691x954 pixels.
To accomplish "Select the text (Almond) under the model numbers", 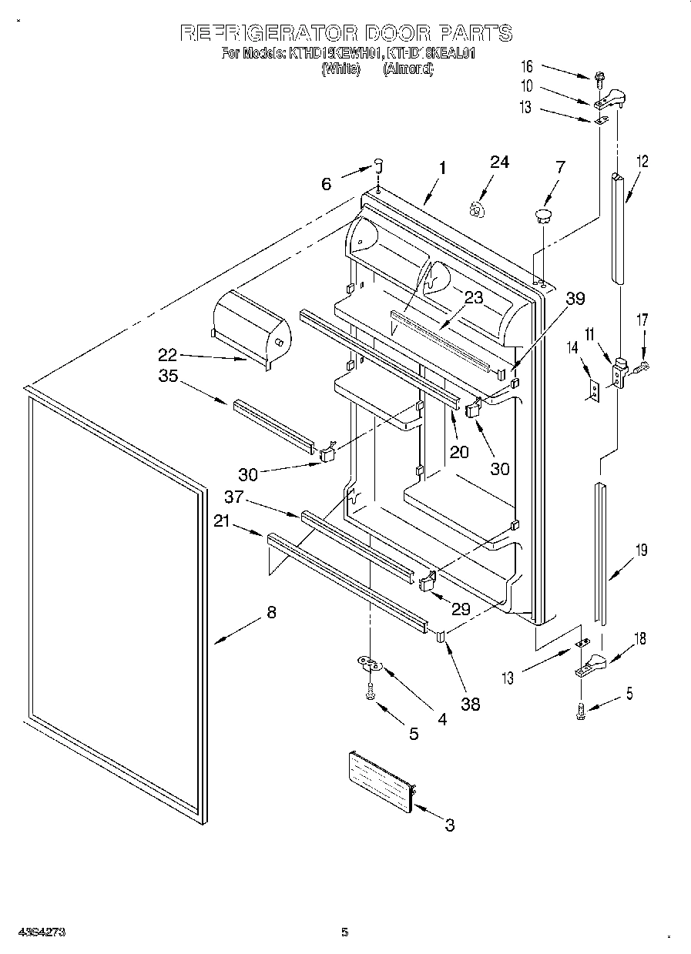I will pos(408,69).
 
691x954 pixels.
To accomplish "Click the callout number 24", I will pos(499,162).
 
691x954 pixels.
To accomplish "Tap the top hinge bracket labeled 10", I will pos(611,98).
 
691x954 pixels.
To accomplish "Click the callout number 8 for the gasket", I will pos(270,613).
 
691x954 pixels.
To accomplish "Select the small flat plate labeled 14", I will pos(592,391).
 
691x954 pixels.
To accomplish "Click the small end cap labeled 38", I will pos(441,636).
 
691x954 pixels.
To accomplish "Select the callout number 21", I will pos(222,524).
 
